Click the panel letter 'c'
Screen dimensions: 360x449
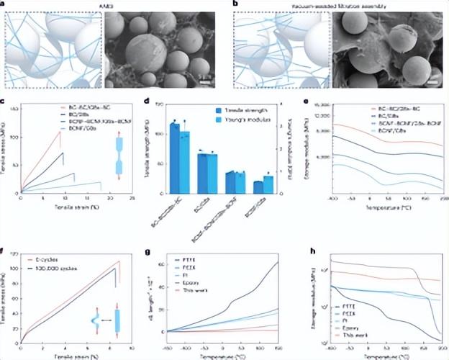click(x=6, y=104)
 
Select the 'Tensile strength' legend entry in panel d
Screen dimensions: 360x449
click(x=238, y=111)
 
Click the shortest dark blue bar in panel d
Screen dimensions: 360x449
click(x=258, y=187)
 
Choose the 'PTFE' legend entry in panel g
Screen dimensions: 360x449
click(x=190, y=260)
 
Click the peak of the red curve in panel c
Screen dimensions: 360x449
click(x=60, y=132)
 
